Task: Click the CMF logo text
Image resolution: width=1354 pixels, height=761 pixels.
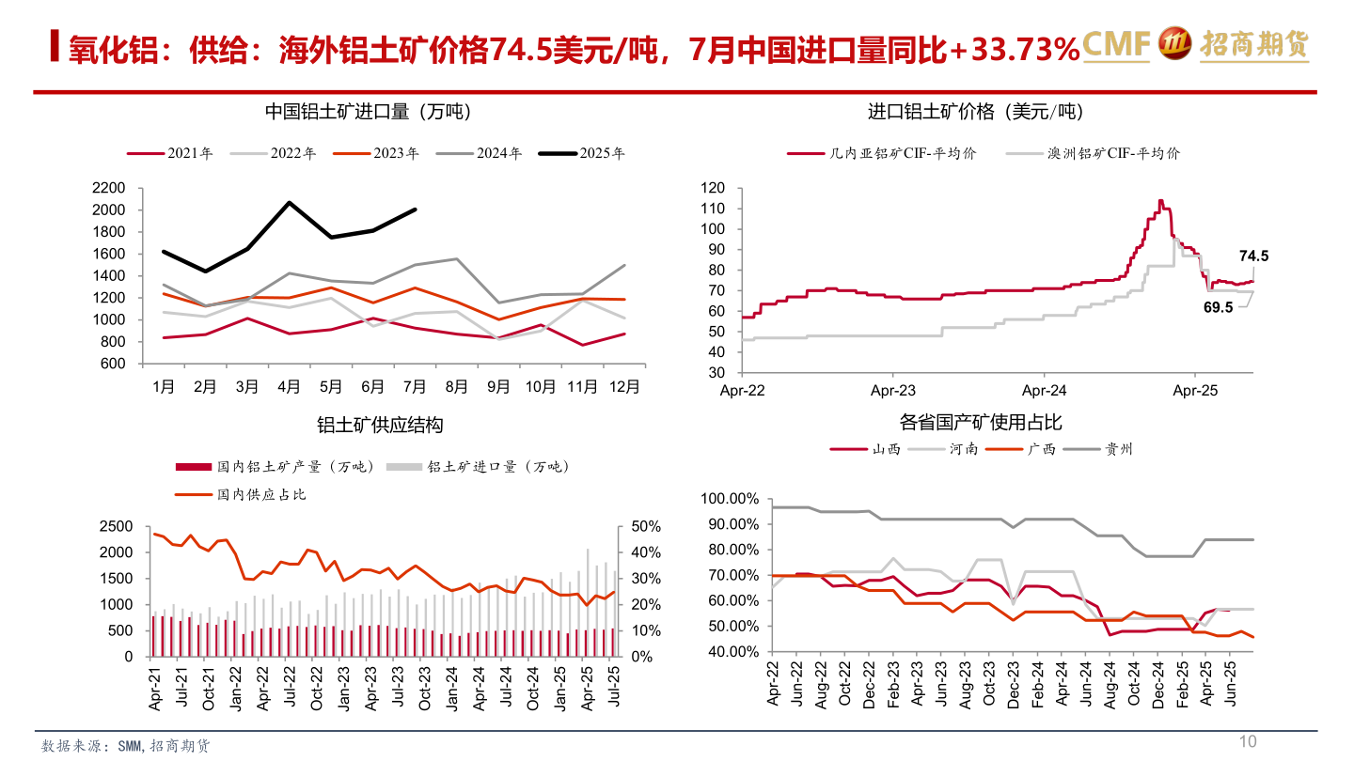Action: (x=1116, y=44)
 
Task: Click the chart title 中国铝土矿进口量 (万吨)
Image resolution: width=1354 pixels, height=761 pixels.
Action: (x=368, y=112)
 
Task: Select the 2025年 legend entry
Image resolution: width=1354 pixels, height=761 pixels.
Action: (x=582, y=153)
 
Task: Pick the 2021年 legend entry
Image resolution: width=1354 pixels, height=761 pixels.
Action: (x=170, y=153)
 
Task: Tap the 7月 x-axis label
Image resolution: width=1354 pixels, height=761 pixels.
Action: (x=415, y=386)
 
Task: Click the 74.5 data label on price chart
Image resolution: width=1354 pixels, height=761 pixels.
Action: (x=1254, y=256)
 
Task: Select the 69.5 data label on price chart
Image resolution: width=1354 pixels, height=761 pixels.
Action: (x=1217, y=307)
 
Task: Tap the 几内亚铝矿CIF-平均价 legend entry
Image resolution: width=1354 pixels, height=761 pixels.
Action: (x=882, y=153)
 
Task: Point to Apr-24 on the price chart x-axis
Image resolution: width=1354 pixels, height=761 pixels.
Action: (x=1044, y=390)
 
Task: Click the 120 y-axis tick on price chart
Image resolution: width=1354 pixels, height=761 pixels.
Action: (x=713, y=189)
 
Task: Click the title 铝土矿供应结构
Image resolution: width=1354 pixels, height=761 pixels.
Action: (x=380, y=426)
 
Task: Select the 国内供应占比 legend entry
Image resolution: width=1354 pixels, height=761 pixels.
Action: (x=241, y=493)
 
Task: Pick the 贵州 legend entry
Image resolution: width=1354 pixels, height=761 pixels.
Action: (x=1099, y=449)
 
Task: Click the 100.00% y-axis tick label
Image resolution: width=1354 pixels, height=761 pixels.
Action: (x=730, y=499)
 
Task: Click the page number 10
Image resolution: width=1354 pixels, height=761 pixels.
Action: (x=1248, y=742)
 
